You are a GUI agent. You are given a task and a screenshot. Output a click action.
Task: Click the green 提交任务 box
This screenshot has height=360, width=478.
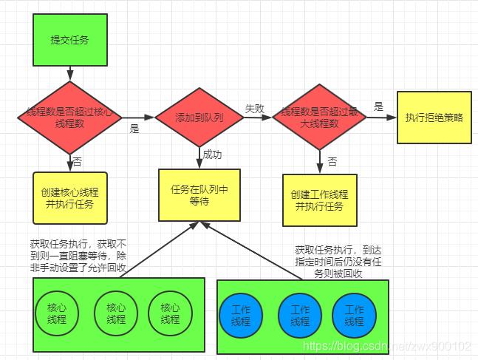(69, 41)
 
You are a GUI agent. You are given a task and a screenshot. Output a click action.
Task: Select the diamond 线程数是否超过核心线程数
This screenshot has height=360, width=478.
(69, 117)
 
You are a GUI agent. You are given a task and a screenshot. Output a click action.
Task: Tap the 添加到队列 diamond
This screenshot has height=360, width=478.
(199, 118)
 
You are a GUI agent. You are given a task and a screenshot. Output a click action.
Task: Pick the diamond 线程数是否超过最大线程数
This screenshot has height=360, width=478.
(320, 118)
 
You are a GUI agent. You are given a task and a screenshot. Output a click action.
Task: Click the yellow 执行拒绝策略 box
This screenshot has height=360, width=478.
(434, 118)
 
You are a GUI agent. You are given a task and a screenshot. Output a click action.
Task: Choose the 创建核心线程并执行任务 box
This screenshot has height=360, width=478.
(70, 197)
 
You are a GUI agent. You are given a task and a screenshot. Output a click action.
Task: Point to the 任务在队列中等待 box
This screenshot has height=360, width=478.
(199, 194)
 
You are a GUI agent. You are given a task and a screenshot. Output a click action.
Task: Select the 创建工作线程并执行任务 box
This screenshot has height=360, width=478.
(320, 200)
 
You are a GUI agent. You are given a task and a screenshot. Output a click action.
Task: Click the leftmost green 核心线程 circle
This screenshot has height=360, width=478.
(56, 313)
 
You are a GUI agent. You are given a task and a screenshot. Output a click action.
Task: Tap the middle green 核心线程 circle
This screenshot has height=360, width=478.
(116, 313)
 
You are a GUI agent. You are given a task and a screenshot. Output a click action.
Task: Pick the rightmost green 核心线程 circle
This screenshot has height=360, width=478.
(170, 313)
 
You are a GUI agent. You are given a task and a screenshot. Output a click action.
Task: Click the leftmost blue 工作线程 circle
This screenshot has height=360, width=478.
(241, 316)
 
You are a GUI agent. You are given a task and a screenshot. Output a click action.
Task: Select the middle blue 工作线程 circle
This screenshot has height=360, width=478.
(300, 316)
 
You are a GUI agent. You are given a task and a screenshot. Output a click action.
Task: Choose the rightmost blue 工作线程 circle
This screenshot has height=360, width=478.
(355, 316)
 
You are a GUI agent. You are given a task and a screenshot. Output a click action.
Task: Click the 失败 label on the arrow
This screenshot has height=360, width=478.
(255, 108)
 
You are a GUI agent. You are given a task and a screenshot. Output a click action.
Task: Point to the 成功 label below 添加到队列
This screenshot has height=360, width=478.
(213, 155)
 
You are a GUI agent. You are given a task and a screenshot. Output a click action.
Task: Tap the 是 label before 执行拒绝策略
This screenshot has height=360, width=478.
(379, 106)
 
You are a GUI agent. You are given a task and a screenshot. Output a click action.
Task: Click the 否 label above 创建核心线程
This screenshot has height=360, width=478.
(78, 160)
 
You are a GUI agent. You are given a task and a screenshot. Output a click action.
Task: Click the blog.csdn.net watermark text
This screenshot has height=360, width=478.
(388, 346)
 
